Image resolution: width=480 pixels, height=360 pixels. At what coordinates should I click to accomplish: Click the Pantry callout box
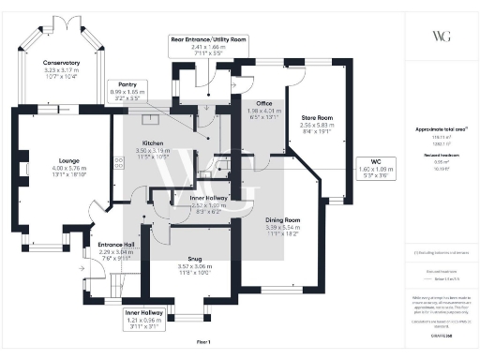click(x=125, y=89)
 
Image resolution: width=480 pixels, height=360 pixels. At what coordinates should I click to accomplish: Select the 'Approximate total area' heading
click(x=440, y=128)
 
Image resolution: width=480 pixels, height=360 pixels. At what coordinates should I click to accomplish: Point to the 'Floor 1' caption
click(x=202, y=340)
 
